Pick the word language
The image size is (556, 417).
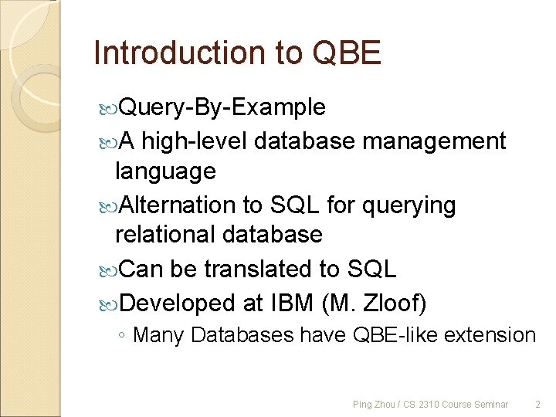[164, 171]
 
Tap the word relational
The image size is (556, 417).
[167, 234]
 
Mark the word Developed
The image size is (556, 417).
[180, 303]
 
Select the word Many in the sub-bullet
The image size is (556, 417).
[159, 335]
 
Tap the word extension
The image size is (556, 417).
[490, 335]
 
